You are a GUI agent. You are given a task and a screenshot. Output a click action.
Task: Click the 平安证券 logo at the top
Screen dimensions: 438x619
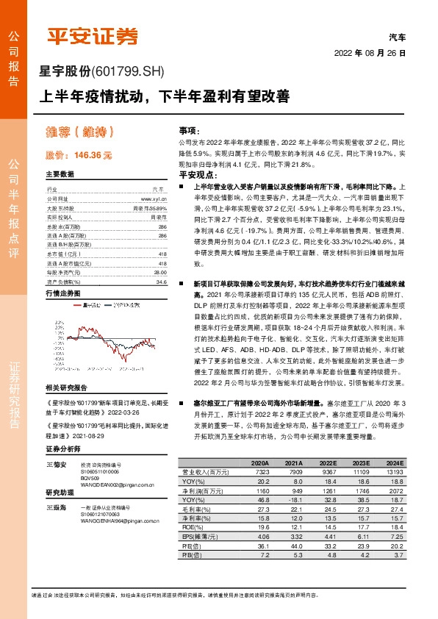[92, 36]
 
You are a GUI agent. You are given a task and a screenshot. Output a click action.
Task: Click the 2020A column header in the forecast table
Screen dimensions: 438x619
[259, 462]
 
